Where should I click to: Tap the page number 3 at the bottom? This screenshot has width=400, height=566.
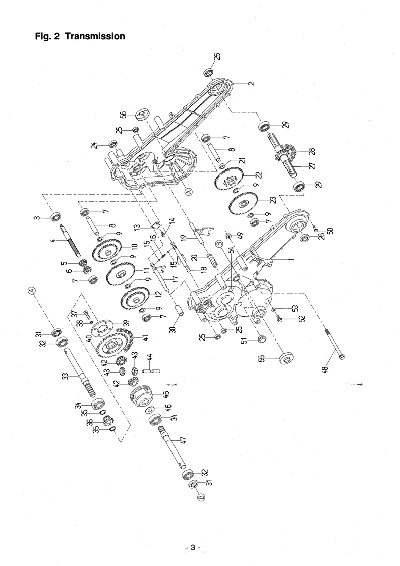(x=193, y=548)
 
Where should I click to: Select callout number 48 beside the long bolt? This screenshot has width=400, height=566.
(x=326, y=369)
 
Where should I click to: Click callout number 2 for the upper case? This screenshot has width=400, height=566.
(x=252, y=83)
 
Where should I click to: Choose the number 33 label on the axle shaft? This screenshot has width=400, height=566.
(x=66, y=376)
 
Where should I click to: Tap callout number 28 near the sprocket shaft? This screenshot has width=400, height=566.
(x=312, y=152)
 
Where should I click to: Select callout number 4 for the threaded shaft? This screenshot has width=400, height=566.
(x=54, y=239)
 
